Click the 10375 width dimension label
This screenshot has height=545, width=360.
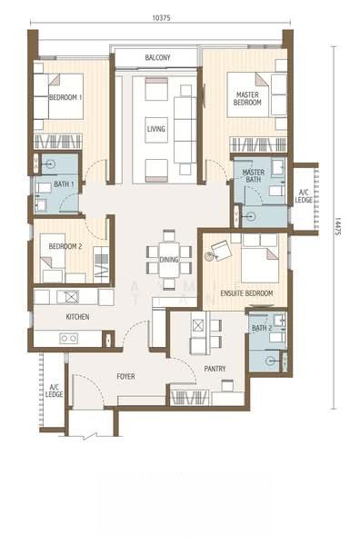pos(162,18)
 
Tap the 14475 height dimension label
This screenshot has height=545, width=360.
pos(337,226)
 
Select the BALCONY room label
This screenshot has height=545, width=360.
pos(157,57)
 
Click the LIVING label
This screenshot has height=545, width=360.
pos(155,129)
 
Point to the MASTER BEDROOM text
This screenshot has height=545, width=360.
pos(247,98)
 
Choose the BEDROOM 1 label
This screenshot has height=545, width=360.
pos(65,97)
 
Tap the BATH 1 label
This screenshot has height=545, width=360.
pos(64,183)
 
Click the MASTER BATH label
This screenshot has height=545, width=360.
pos(254,176)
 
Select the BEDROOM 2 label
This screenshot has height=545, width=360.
pos(65,246)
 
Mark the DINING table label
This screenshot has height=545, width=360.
pos(169,260)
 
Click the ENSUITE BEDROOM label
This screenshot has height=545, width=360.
pos(246,293)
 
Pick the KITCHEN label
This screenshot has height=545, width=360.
pos(77,317)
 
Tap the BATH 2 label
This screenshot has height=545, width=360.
pos(262,328)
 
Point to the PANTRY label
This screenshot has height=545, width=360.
pos(215,369)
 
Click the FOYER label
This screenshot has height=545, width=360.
pos(126,376)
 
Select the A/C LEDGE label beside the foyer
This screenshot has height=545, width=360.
pos(54,391)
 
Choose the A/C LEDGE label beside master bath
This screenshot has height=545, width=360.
pos(304,196)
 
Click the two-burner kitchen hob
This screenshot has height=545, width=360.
pos(68,338)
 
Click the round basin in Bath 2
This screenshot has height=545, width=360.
pos(270,362)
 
